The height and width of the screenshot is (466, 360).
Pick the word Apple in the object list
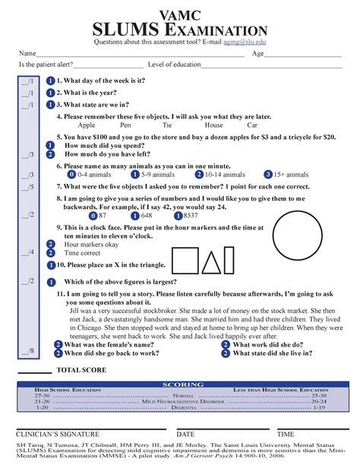[x=87, y=125]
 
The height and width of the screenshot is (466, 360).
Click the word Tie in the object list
[x=166, y=125]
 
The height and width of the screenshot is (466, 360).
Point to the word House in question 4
[x=213, y=125]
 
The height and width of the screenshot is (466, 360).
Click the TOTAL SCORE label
[x=81, y=369]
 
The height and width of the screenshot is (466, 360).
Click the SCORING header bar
[x=180, y=385]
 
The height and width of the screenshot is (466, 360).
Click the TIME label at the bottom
[x=286, y=434]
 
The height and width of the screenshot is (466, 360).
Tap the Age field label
[x=258, y=54]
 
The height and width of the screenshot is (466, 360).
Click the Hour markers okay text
[x=91, y=245]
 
